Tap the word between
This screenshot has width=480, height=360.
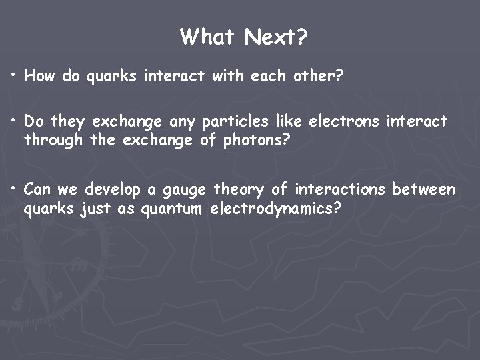click(424, 190)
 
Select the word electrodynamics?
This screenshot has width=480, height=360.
click(276, 209)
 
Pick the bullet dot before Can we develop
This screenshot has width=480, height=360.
click(14, 189)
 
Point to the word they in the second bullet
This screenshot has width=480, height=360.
click(69, 123)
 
